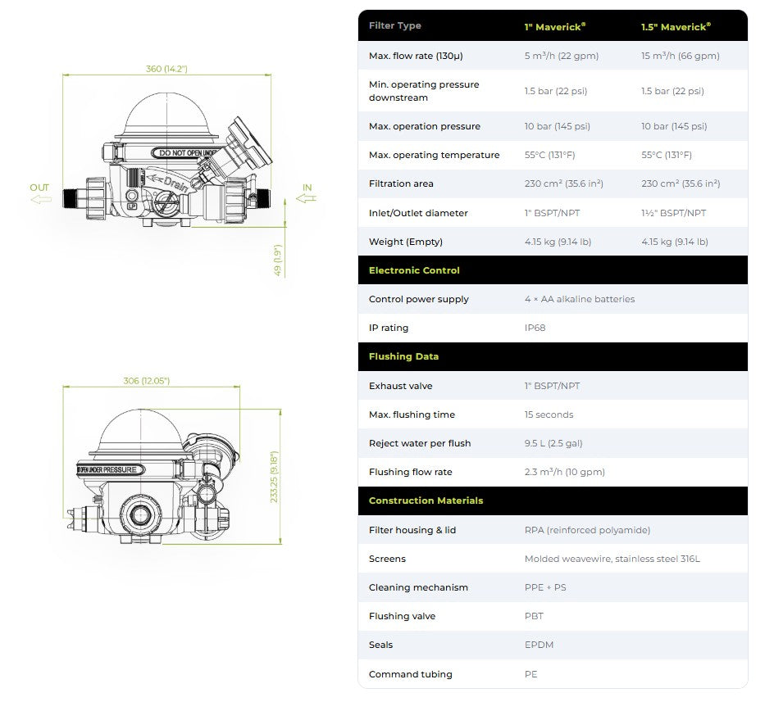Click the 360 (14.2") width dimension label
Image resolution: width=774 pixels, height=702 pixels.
pos(166,69)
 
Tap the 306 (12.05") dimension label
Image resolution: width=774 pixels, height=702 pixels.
pos(146,381)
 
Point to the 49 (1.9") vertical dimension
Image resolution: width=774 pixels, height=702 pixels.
pos(278,260)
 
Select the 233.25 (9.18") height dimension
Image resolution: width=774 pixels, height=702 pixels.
pos(275,477)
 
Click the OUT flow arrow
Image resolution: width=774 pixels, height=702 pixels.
pos(41,199)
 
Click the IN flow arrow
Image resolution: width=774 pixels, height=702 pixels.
pos(306,198)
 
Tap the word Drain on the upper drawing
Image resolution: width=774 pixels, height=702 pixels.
pos(175,183)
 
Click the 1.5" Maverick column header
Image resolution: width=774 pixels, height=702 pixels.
pos(676,27)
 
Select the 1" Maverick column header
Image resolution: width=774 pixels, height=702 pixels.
pos(555,27)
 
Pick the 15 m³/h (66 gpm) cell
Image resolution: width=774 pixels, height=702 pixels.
pos(681,56)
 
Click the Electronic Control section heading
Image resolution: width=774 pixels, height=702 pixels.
pos(414,270)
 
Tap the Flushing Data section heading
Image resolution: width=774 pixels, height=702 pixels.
pos(403,356)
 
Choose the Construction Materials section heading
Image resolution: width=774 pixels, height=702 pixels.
pos(426,500)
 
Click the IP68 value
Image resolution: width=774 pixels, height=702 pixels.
pos(535,328)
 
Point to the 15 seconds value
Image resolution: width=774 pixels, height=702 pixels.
pos(549,414)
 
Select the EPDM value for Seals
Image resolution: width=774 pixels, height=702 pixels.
pos(539,645)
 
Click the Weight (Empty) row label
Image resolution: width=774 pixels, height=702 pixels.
pos(406,242)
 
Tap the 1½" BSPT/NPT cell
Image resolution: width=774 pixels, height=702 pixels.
pos(674,213)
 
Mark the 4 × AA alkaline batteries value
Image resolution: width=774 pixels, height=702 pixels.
pos(580,299)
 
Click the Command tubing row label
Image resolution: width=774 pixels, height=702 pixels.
pos(410,674)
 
